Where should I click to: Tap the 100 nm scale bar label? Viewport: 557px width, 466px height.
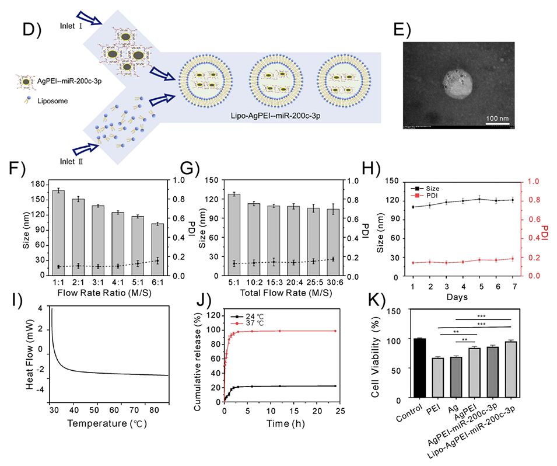[x=498, y=119]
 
